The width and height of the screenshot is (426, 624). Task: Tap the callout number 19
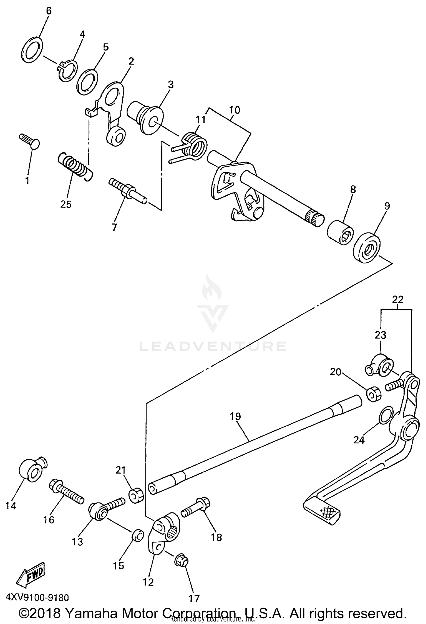(235, 416)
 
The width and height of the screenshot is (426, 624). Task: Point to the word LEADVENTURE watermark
(213, 346)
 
